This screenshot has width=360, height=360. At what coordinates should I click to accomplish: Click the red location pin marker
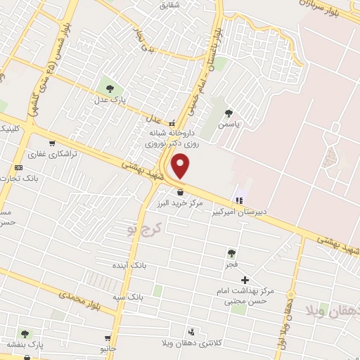[181, 166]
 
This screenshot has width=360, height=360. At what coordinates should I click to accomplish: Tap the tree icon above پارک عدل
[109, 88]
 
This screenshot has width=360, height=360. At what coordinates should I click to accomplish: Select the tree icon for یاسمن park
[228, 112]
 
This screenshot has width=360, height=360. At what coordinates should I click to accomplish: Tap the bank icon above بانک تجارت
[18, 167]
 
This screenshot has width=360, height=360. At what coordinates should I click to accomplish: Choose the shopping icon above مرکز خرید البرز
[181, 191]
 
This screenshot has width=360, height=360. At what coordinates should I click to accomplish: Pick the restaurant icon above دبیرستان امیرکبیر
[239, 200]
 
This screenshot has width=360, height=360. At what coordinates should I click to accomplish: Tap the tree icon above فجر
[231, 253]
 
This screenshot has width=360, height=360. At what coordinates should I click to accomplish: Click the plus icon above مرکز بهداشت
[245, 280]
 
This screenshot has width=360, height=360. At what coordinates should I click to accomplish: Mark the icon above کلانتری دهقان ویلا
[191, 332]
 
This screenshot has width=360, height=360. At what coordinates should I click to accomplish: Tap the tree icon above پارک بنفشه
[25, 334]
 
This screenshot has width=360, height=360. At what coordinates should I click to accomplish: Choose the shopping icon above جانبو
[108, 338]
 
